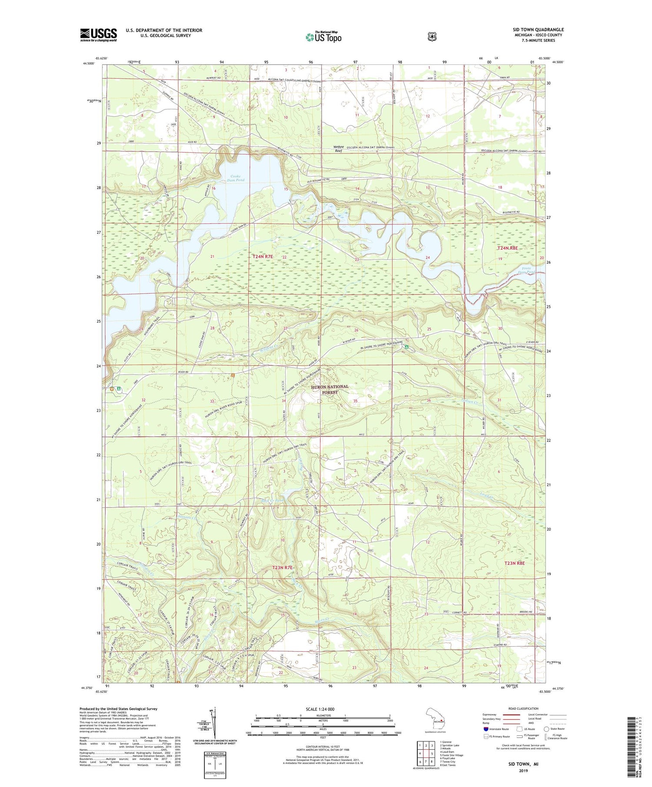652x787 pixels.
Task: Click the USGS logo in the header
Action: tap(98, 35)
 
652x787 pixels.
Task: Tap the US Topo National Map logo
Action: tap(323, 37)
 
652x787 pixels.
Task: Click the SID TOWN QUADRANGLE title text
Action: tap(538, 30)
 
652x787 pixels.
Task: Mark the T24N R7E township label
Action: tap(263, 257)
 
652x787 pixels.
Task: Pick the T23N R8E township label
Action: tap(515, 563)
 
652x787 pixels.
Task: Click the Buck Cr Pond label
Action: tap(273, 501)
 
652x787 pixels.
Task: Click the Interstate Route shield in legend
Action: tap(486, 729)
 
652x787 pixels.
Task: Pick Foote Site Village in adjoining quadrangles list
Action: tap(452, 755)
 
